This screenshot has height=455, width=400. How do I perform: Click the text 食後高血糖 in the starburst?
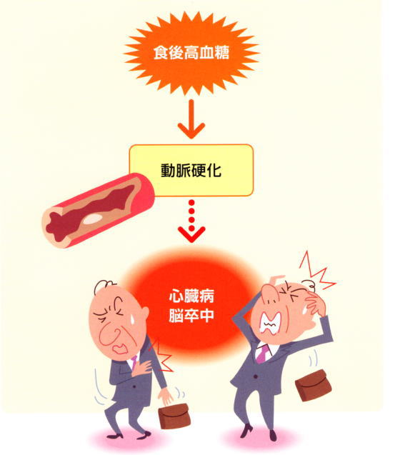click(191, 53)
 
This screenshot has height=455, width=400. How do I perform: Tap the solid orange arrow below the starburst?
click(191, 119)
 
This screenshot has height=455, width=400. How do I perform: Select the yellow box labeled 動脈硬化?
click(191, 170)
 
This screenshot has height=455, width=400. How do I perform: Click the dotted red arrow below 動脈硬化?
click(191, 221)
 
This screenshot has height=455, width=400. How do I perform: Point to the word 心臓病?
click(191, 296)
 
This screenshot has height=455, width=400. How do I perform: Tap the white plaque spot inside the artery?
click(92, 219)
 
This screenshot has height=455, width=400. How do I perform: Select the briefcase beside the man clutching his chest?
click(175, 416)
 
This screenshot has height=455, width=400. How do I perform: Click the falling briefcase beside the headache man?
click(313, 386)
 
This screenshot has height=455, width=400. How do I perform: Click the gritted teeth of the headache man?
click(271, 324)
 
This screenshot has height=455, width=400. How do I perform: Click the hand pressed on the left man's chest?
click(141, 367)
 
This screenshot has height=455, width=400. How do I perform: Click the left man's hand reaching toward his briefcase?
click(166, 396)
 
